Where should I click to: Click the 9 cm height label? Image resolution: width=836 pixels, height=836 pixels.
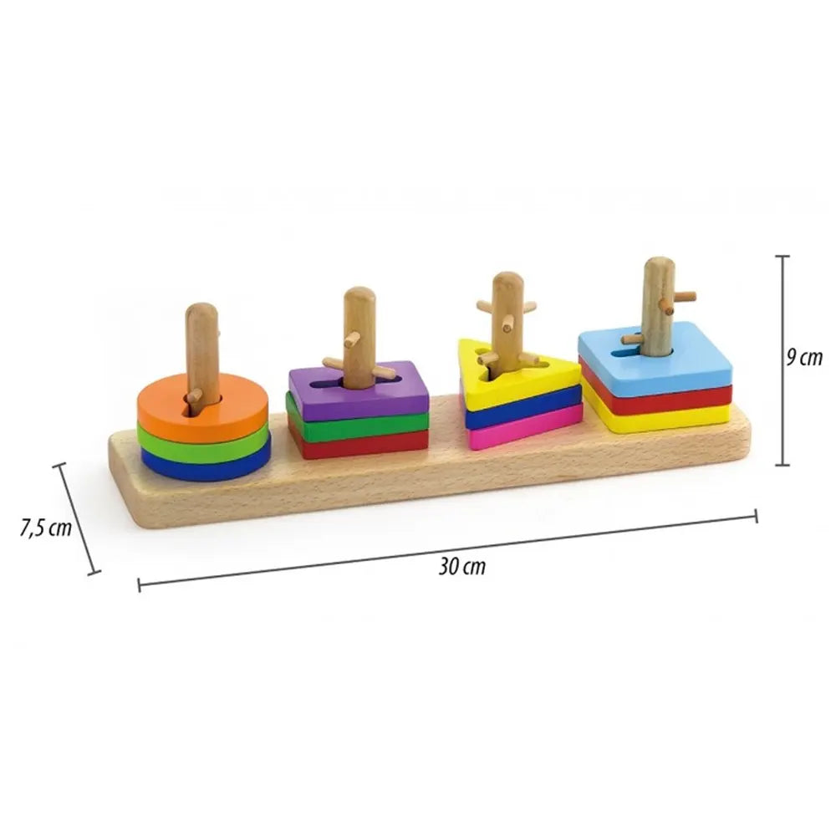805,358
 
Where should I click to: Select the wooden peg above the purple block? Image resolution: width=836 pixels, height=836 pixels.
359,326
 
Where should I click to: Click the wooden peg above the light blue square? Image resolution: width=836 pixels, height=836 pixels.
658,293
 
